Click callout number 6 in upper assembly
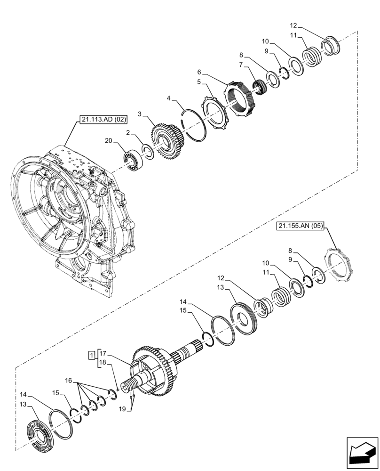click(x=199, y=72)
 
